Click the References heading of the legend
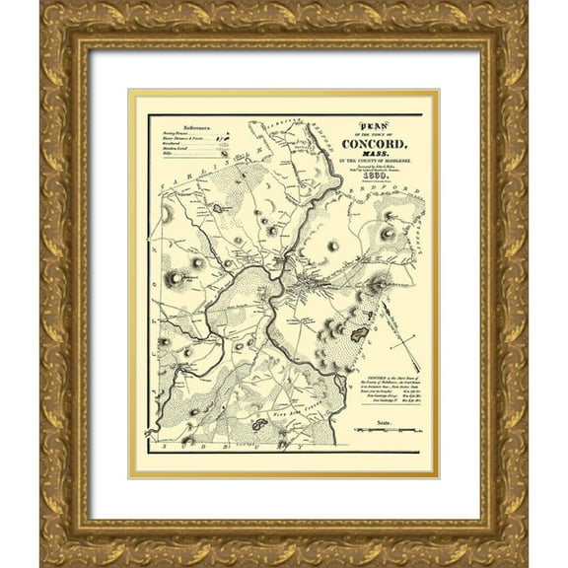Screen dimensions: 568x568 (x=188, y=128)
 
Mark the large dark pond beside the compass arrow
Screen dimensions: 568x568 (x=359, y=335)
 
